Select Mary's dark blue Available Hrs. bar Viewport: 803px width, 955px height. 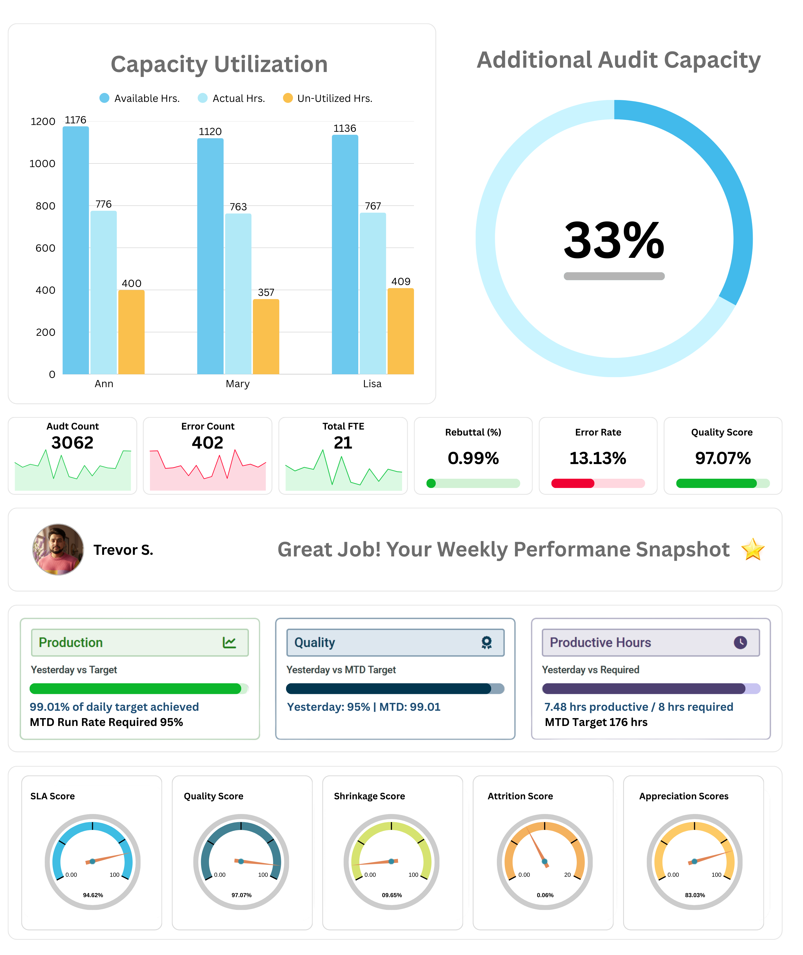point(210,256)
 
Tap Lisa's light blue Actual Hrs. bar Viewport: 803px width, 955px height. point(372,294)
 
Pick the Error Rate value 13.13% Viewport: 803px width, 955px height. point(598,458)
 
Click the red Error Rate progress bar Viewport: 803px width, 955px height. point(573,483)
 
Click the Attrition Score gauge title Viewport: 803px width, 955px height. point(520,796)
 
